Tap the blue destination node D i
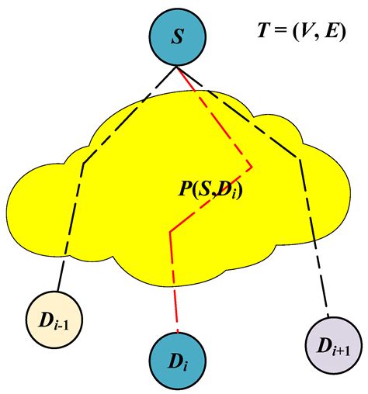tap(178, 360)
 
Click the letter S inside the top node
tap(178, 36)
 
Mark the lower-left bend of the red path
tap(171, 230)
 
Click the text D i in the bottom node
tap(179, 361)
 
